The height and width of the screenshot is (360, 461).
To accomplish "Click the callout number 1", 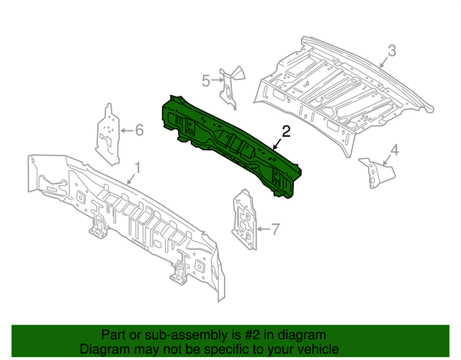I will tap(138, 169).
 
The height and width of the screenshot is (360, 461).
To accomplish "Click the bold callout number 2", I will tap(286, 131).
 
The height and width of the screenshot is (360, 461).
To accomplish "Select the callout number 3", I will tap(392, 50).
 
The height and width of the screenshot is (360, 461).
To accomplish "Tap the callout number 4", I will tap(394, 150).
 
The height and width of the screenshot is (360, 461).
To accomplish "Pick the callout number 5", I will tap(205, 81).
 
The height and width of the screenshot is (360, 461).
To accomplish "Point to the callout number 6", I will tap(139, 130).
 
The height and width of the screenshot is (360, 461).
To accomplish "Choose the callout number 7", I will tap(274, 230).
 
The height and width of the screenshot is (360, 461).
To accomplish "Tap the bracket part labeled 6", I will tap(108, 133).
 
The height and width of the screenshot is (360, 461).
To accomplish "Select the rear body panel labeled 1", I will tap(122, 216).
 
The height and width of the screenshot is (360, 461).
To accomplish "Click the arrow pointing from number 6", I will tap(125, 130).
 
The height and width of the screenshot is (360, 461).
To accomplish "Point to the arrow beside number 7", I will tap(261, 230).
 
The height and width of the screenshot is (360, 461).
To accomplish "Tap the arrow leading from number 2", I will tap(278, 143).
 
